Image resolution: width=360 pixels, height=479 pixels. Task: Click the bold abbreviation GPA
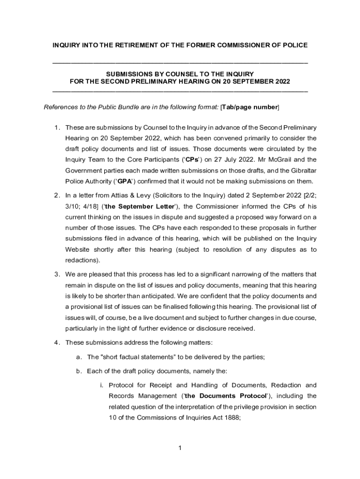pyautogui.click(x=124, y=181)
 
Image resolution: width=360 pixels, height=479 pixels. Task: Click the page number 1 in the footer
pyautogui.click(x=180, y=449)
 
